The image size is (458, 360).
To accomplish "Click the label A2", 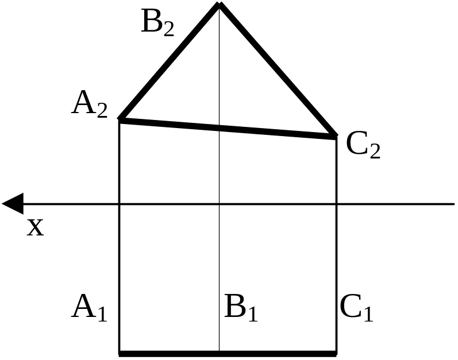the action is point(89,105).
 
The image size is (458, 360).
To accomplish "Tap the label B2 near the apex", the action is point(157,23).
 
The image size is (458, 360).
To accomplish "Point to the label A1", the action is point(89,308).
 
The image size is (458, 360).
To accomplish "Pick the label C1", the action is point(356,308).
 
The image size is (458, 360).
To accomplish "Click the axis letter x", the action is point(36,227).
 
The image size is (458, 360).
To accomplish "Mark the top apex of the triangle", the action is point(219,5).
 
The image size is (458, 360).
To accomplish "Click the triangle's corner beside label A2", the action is point(120,119).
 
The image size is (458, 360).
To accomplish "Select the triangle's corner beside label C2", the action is point(336,137).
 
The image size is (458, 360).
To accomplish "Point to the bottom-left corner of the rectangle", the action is point(120,353).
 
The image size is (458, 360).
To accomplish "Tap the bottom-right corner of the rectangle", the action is point(336,353).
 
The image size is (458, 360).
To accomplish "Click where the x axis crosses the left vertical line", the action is point(120,204).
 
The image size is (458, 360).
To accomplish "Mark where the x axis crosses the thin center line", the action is point(219,204).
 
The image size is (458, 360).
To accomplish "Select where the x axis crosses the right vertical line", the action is point(336,204).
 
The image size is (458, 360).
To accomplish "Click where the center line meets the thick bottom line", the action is point(219,353).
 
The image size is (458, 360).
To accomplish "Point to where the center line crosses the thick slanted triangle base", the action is point(219,127).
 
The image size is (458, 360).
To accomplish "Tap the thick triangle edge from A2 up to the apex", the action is point(169,62).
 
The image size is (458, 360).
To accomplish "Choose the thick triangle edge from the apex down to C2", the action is point(278,71).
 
